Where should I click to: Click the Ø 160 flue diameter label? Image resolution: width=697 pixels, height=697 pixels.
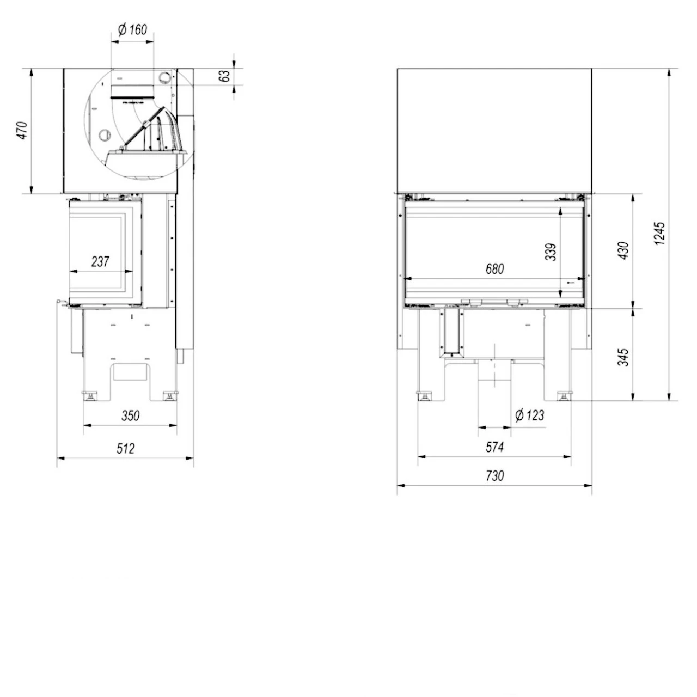pyautogui.click(x=132, y=30)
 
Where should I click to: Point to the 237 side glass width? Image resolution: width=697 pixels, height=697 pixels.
pyautogui.click(x=100, y=262)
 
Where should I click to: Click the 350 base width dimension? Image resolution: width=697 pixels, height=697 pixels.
pyautogui.click(x=130, y=416)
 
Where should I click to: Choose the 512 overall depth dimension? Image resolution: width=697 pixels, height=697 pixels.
pyautogui.click(x=125, y=449)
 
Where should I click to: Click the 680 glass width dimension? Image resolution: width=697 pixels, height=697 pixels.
pyautogui.click(x=494, y=268)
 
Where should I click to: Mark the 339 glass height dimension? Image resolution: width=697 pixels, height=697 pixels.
pyautogui.click(x=552, y=252)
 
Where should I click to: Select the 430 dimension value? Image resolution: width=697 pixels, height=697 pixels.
pyautogui.click(x=624, y=249)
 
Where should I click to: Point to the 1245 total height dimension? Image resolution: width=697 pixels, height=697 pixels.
pyautogui.click(x=660, y=234)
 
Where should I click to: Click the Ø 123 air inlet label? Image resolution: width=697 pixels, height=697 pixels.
pyautogui.click(x=529, y=416)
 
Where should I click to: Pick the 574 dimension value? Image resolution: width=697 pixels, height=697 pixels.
pyautogui.click(x=494, y=448)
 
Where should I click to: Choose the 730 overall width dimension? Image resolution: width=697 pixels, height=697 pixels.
pyautogui.click(x=494, y=476)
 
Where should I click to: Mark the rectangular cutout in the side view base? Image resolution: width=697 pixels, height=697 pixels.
pyautogui.click(x=130, y=371)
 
